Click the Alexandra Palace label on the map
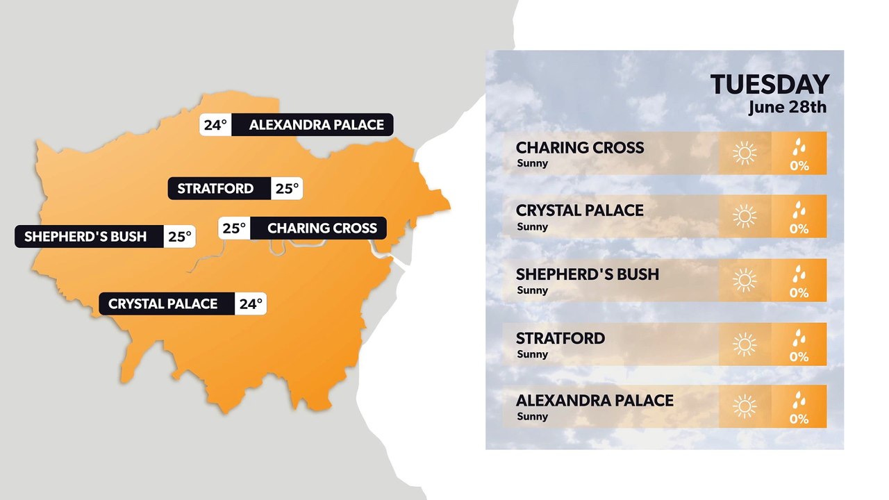316,125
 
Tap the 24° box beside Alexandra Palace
215,125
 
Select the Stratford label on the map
215,188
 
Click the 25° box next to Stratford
287,188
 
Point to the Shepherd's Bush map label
85,236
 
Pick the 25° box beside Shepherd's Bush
179,236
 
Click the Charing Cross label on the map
322,228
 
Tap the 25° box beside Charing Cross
234,228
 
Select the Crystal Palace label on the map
163,303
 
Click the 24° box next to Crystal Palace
251,303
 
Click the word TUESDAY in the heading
770,85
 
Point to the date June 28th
788,108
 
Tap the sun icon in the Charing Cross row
744,153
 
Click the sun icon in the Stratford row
744,344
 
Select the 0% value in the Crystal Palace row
799,228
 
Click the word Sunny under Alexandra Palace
533,417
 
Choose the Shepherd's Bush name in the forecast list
587,274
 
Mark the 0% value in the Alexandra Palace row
799,419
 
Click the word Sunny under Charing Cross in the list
533,164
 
